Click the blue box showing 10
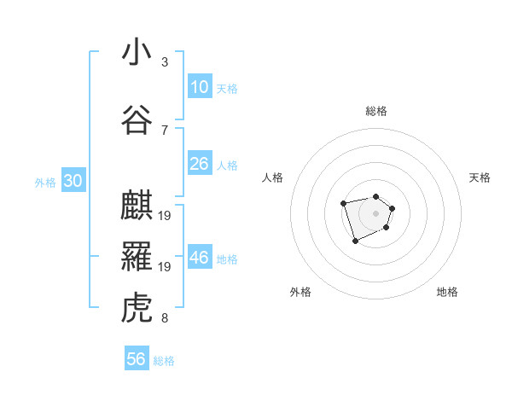point(200,87)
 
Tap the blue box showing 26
point(200,164)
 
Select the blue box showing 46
point(200,259)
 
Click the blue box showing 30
point(73,181)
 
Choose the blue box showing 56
point(137,359)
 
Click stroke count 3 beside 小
point(165,62)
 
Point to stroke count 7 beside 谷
point(165,130)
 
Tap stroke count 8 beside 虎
point(165,318)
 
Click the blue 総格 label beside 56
point(164,361)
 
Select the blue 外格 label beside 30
point(45,182)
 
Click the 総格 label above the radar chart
point(376,111)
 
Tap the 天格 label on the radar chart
point(480,177)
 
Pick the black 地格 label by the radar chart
point(447,292)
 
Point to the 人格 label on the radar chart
point(273,177)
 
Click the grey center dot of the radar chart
point(375,213)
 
